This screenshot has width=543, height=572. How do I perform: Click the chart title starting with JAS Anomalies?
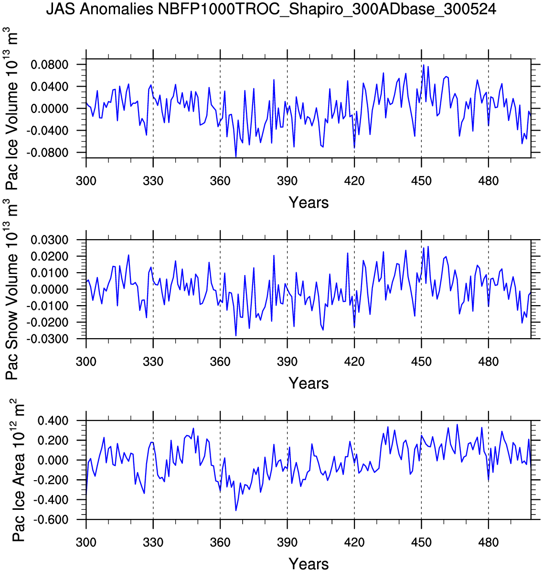click(271, 9)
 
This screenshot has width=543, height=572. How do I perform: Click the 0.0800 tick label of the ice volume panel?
click(49, 65)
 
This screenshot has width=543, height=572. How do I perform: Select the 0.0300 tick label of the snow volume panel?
click(49, 240)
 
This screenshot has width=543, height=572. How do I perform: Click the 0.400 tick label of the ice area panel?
click(52, 420)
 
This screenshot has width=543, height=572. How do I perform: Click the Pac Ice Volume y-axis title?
click(13, 109)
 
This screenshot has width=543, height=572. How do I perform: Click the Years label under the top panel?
click(309, 203)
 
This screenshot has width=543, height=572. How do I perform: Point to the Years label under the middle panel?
click(309, 383)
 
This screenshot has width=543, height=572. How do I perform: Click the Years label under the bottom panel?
click(309, 564)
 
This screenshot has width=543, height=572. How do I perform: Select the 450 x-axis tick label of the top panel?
click(421, 181)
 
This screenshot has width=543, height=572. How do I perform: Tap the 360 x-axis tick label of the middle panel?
click(220, 362)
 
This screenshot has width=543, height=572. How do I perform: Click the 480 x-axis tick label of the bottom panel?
click(488, 542)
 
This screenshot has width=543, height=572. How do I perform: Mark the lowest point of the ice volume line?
click(236, 156)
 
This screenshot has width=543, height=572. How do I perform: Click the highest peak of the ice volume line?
click(424, 65)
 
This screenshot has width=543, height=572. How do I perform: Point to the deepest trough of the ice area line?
click(236, 510)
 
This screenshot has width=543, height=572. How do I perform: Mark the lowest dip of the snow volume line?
click(236, 336)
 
